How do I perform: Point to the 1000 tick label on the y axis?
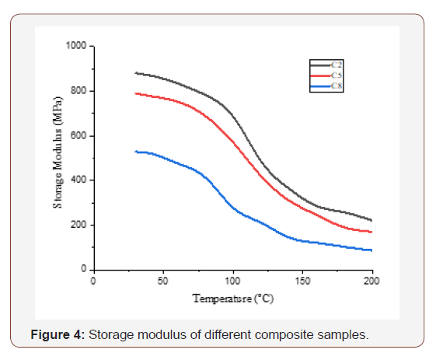click(x=77, y=46)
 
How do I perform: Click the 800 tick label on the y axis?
click(x=79, y=91)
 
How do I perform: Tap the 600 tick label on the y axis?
click(x=79, y=136)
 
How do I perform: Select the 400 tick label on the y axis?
click(x=79, y=180)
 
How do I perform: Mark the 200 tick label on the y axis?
click(x=79, y=225)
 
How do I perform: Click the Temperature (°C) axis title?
click(x=233, y=298)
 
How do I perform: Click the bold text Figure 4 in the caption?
click(x=58, y=335)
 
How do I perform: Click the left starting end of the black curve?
click(x=135, y=73)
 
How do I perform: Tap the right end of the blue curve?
click(x=372, y=250)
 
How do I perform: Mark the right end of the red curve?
click(x=372, y=232)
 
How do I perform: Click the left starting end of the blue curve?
click(x=135, y=152)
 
